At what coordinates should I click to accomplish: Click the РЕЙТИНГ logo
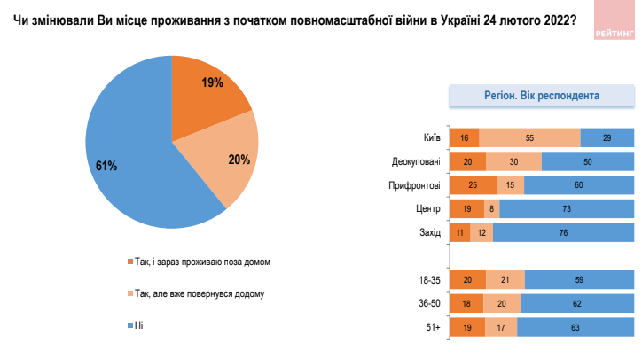tap(615, 20)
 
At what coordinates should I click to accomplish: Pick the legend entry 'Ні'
tap(136, 325)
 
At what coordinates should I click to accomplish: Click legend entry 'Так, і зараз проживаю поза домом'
tap(199, 262)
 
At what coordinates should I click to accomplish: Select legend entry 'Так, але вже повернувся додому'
tap(196, 293)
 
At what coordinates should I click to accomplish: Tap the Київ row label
tap(432, 137)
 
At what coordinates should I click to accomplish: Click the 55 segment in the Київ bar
tap(529, 137)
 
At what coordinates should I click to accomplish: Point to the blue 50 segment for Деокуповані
tap(588, 161)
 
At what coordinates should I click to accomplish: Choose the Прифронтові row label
tap(414, 185)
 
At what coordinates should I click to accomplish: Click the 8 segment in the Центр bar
tap(492, 209)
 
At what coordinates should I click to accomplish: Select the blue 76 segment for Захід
tap(564, 232)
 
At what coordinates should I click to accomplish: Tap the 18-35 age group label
tap(429, 280)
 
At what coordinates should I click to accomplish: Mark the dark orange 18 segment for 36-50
tap(466, 303)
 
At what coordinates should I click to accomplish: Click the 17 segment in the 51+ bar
tap(501, 328)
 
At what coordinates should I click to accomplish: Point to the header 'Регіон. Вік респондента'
tap(542, 96)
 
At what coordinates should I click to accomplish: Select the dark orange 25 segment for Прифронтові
tap(474, 185)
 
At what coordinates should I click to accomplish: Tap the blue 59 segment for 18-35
tap(579, 280)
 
